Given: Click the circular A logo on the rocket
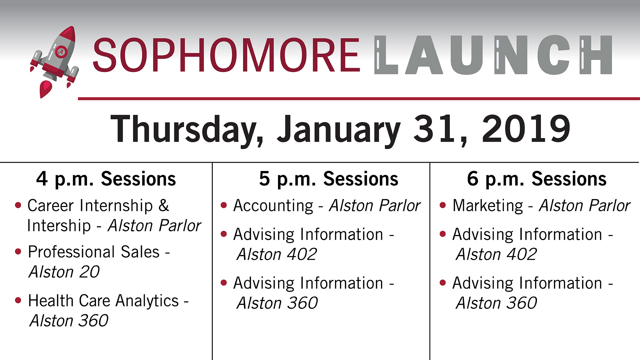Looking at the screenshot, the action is [61, 52].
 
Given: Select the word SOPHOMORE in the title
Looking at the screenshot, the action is [226, 55].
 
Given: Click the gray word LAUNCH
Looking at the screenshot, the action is [493, 55].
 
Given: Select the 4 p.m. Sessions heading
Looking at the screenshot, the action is [106, 179].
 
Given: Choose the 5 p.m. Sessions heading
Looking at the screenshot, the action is [329, 179].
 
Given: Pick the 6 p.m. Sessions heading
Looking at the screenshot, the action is [537, 179].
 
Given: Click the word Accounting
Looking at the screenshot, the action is [273, 206].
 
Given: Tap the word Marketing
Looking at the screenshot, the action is [488, 206].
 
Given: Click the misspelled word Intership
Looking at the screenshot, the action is [59, 226].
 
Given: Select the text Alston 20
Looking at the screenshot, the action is [64, 272].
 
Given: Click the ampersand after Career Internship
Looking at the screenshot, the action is [164, 206].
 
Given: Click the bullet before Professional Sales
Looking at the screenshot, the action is [18, 252].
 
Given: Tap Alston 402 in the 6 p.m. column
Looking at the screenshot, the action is [496, 255].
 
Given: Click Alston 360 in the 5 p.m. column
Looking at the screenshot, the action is [277, 303].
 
